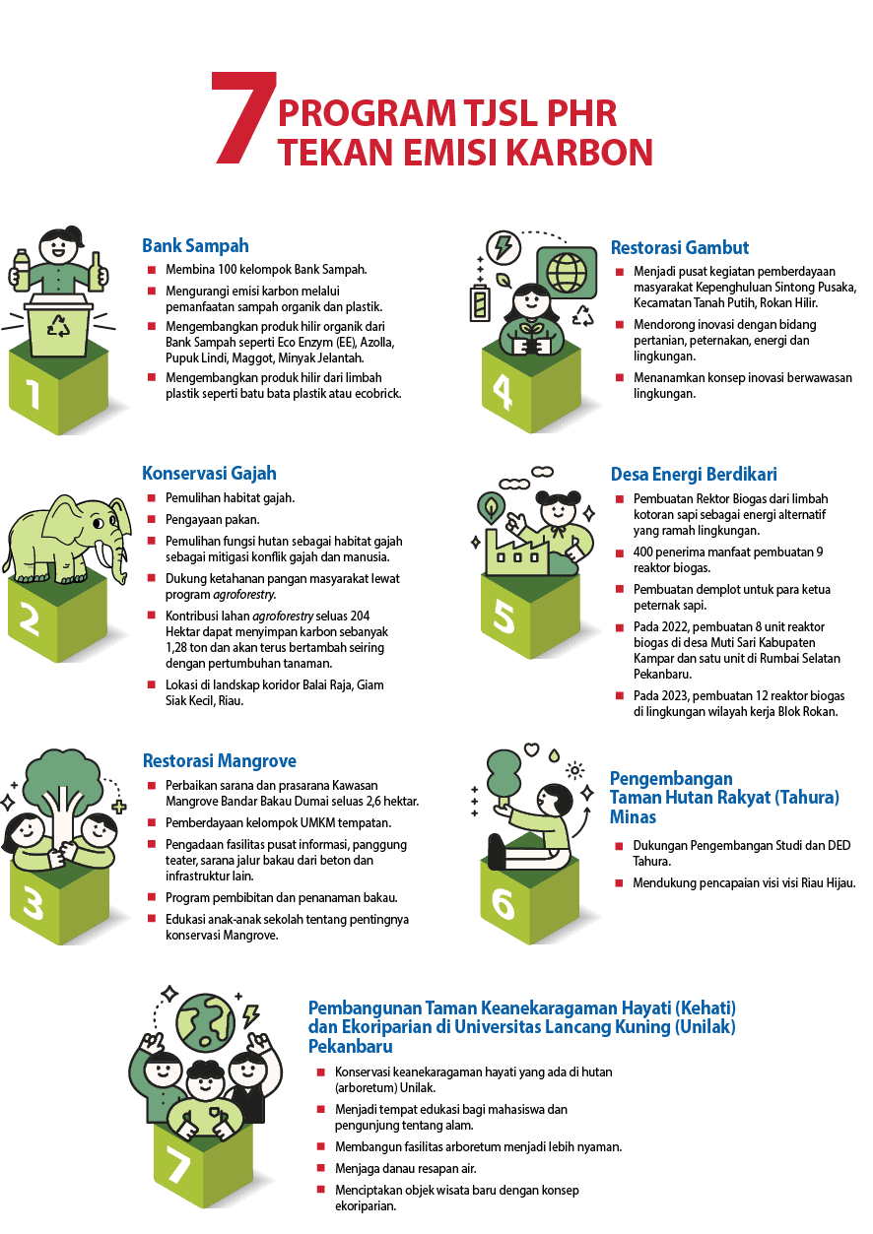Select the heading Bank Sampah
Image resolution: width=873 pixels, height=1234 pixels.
click(195, 245)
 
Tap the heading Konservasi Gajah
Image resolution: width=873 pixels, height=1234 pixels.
click(209, 474)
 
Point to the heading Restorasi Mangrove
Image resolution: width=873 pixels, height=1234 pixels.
click(219, 761)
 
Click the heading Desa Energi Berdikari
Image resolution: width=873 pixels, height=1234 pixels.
click(694, 475)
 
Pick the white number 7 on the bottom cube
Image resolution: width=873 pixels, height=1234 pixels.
click(178, 1167)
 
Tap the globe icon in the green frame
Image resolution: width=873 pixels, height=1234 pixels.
click(566, 270)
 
